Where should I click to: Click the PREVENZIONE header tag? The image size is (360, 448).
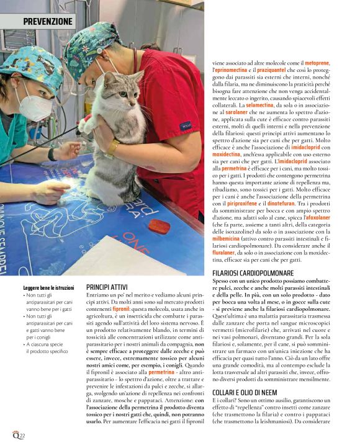pos(48,22)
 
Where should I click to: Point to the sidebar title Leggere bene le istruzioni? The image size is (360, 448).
pos(49,288)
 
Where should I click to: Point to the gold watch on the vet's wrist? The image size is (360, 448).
pos(113,146)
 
